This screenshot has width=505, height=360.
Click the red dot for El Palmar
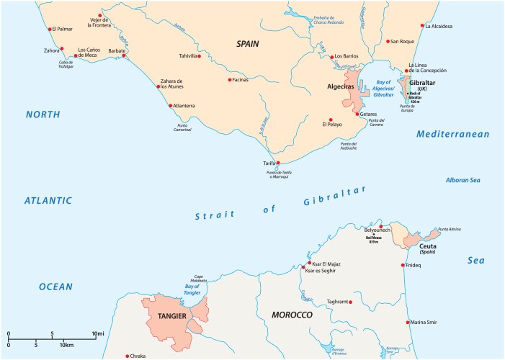click(x=48, y=30)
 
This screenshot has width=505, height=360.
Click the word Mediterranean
click(x=452, y=134)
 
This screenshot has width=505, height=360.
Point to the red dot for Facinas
click(x=230, y=80)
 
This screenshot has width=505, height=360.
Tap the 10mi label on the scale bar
click(x=98, y=333)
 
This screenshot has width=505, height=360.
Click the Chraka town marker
click(x=127, y=356)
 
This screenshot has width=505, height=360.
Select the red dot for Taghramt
click(x=351, y=302)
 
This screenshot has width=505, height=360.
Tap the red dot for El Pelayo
click(x=331, y=120)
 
